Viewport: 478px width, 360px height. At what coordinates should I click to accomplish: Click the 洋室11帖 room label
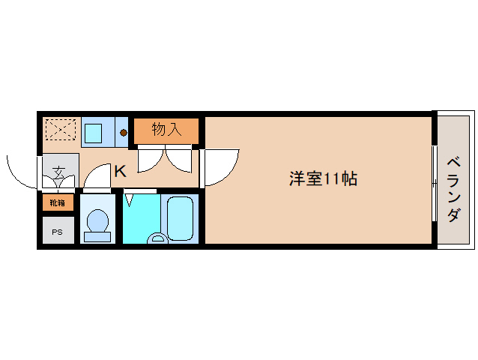323,179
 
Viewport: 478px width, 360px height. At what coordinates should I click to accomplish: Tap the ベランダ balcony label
454,189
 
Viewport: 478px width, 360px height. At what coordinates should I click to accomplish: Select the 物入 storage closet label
166,130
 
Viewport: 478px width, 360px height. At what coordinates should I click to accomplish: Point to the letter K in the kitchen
120,172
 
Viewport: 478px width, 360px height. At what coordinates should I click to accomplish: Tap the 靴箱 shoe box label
58,202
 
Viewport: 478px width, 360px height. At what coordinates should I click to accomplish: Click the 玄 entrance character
58,169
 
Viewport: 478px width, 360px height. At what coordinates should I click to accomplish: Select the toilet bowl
97,223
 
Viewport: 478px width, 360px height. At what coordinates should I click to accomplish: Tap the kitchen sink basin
94,133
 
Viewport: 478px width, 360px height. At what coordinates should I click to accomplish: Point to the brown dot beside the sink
123,134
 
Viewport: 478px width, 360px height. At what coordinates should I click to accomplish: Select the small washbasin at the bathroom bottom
157,238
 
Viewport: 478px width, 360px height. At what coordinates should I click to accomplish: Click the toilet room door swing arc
95,178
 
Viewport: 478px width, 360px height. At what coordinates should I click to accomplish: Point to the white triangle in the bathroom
129,200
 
